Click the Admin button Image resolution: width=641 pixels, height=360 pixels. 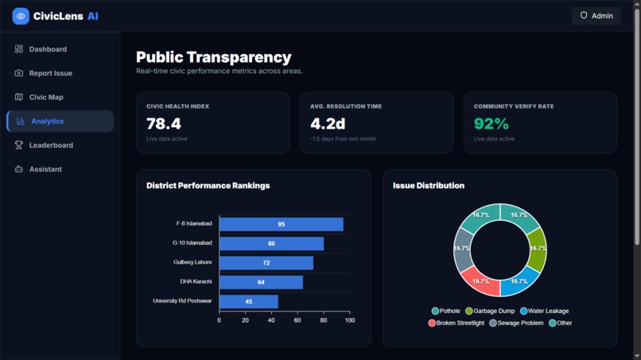coord(596,16)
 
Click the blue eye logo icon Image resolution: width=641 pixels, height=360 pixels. coord(21,17)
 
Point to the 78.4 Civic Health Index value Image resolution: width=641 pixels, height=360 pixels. coord(164,123)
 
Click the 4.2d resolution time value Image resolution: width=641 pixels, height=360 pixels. coord(328,123)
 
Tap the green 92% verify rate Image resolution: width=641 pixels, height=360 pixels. coord(491,123)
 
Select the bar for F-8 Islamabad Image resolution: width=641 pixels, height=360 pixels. coord(282,224)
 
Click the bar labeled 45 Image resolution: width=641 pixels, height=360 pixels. coord(249,301)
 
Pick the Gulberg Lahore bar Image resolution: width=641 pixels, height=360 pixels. coord(266,263)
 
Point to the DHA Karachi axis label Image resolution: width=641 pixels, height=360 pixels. coord(196,281)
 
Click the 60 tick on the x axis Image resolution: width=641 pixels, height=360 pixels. coord(297,320)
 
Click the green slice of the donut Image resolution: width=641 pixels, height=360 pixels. coord(537,250)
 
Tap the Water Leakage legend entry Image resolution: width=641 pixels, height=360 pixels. coord(544,311)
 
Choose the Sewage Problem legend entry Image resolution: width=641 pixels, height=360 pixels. coord(516,323)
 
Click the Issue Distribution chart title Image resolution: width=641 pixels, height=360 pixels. coord(429,185)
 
